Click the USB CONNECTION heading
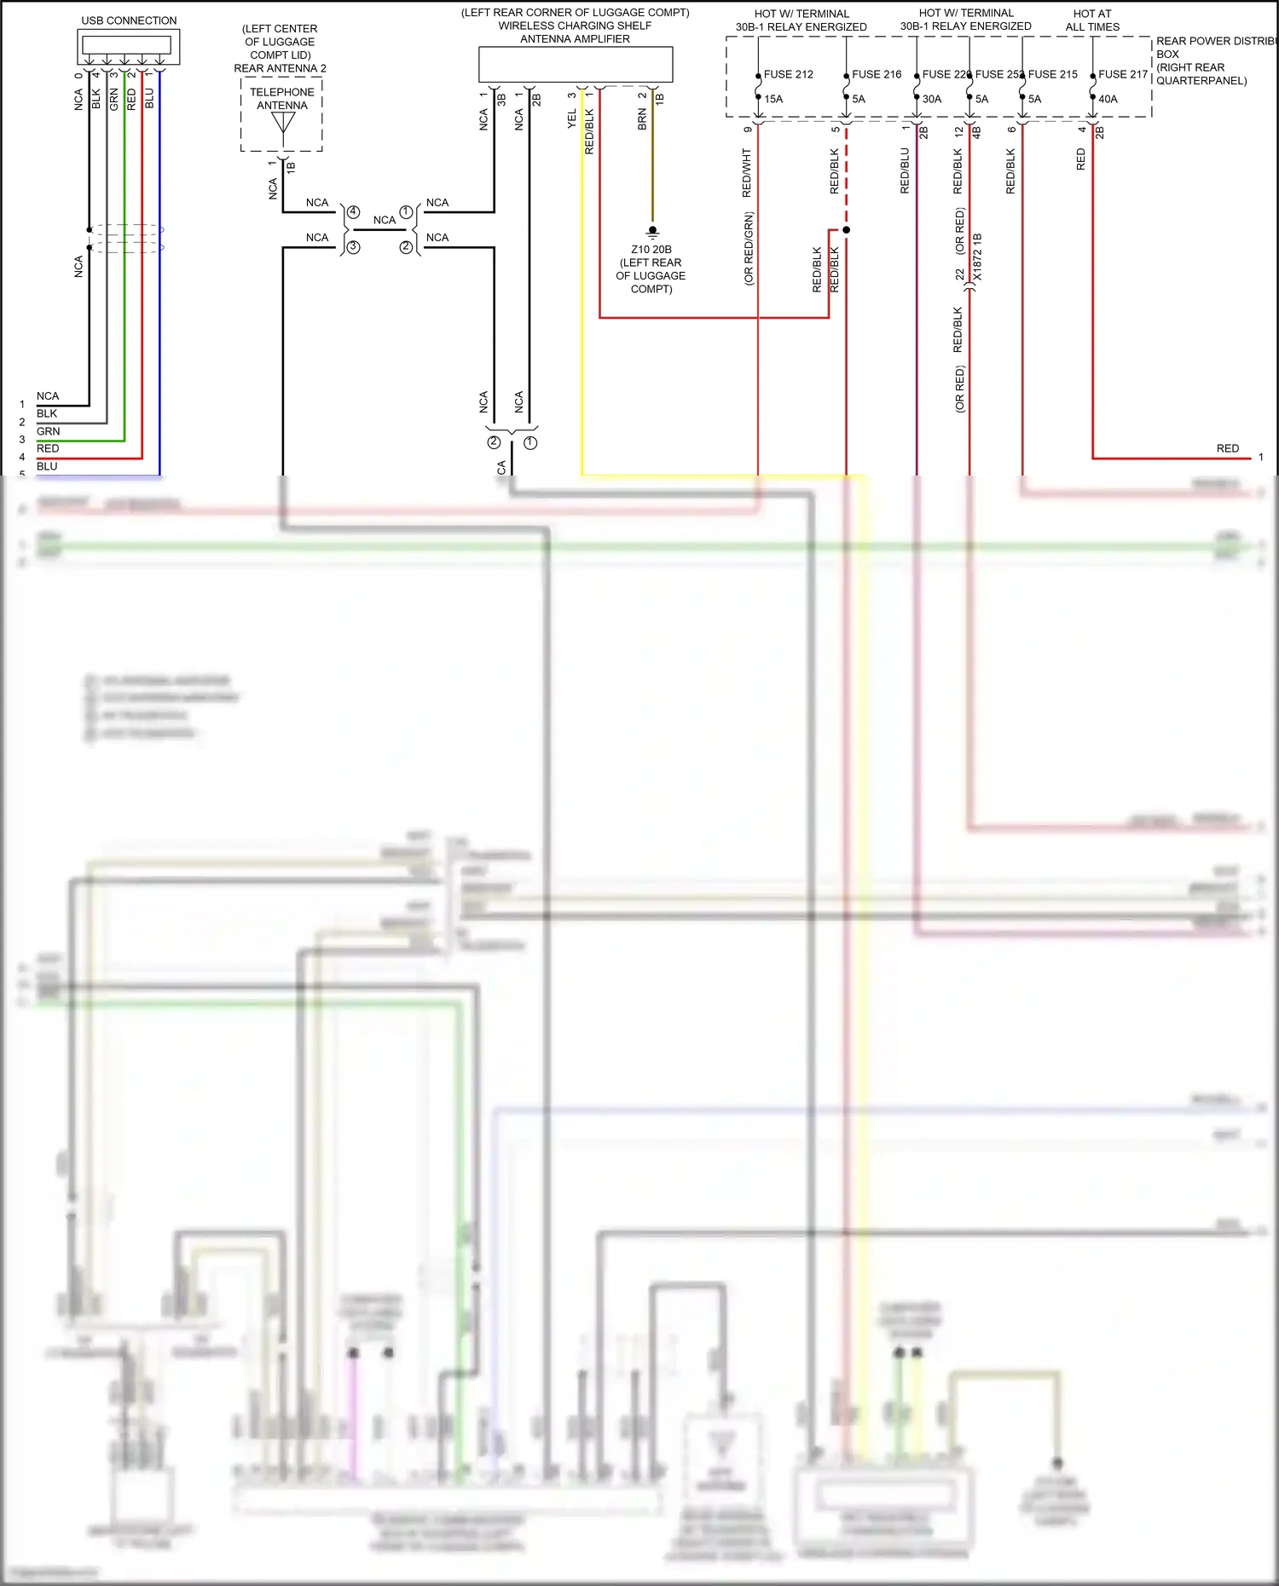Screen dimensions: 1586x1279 coord(129,20)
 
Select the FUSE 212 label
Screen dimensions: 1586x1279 coord(788,74)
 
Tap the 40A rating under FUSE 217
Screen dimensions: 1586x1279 coord(1108,99)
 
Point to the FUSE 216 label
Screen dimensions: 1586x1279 coord(876,74)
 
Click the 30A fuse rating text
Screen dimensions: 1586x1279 coord(932,99)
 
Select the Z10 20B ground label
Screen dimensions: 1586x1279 coord(651,250)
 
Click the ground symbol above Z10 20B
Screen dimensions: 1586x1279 coord(652,231)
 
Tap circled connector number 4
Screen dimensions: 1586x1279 coord(353,211)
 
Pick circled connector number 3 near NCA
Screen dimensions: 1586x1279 coord(353,247)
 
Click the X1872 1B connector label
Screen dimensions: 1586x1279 coord(977,257)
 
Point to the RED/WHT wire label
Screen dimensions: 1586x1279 coord(747,173)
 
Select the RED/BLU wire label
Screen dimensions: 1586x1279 coord(905,170)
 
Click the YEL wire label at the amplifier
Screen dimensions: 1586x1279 coord(572,120)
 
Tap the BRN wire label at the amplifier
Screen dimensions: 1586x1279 coord(642,119)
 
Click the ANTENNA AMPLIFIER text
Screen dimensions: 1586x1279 coord(575,39)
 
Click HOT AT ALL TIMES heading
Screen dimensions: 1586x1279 coord(1092,20)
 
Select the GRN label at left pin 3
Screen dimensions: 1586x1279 coord(48,431)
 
